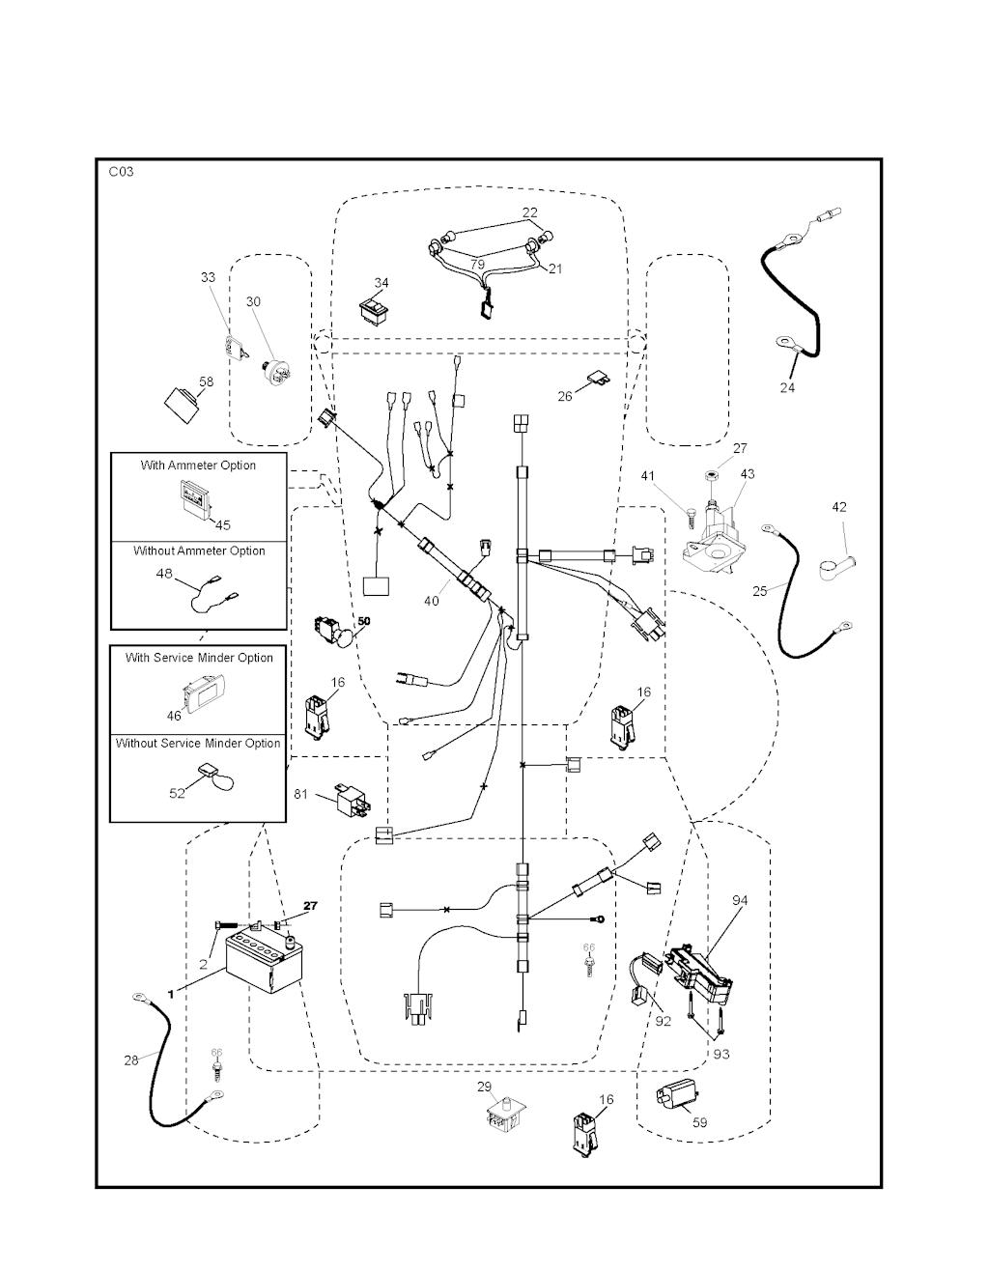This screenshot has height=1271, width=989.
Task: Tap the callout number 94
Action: pos(740,901)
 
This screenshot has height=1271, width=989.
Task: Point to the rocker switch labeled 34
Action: pos(371,309)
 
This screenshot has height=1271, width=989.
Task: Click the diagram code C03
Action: pos(121,172)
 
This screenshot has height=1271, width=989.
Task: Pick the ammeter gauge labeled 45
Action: pos(197,500)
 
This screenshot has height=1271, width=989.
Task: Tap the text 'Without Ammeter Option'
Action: pos(199,551)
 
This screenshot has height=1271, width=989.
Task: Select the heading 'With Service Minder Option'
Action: pos(199,658)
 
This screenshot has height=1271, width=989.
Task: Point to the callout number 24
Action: pos(787,387)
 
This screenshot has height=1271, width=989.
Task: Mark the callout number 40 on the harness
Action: pos(431,601)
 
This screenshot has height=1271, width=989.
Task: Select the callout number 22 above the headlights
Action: pos(530,212)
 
